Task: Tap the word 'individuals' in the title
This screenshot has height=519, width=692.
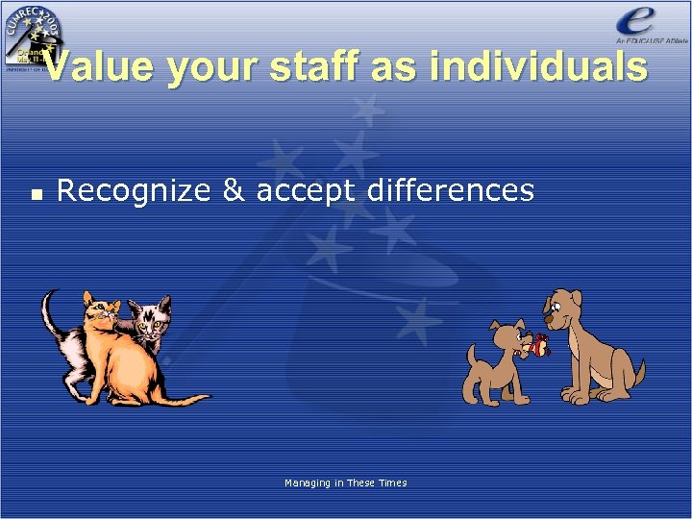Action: [x=539, y=68]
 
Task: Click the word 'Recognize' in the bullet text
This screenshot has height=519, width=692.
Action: [x=134, y=190]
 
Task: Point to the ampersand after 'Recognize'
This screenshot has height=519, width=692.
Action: [x=232, y=190]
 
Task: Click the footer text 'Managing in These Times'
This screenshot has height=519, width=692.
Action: [x=345, y=482]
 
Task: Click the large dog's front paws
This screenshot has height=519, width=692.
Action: [x=577, y=394]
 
